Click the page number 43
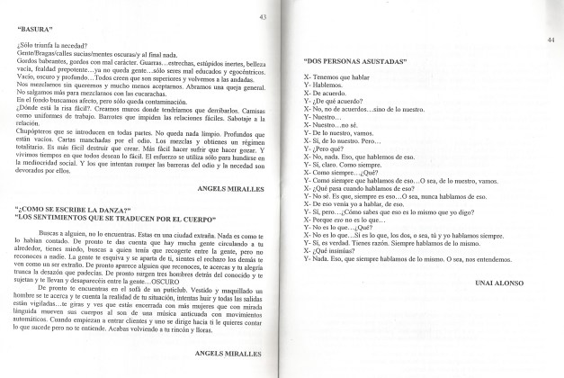[262, 17]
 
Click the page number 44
[550, 40]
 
